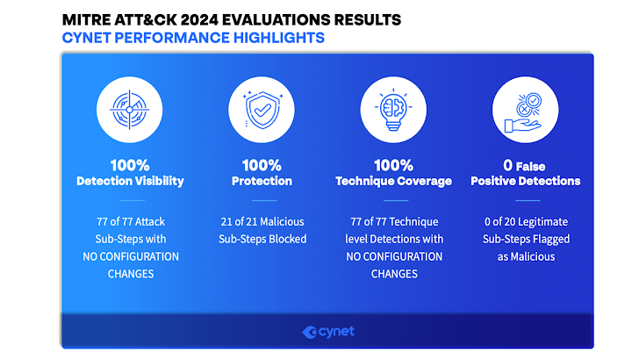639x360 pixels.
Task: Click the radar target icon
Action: [130, 110]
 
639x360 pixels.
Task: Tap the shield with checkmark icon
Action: [262, 110]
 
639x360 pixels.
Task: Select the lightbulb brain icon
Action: [393, 110]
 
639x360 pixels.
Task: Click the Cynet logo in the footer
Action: [328, 332]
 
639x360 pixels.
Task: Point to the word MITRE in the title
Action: [86, 19]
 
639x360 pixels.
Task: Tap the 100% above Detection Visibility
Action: [130, 165]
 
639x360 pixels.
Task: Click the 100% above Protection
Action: [262, 165]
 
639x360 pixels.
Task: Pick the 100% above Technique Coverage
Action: [393, 165]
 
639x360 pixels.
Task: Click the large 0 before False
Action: [507, 165]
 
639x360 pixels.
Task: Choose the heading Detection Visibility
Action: [131, 181]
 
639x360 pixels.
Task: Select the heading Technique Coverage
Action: [393, 181]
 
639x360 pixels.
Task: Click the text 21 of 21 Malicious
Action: [262, 222]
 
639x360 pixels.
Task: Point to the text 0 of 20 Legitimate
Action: [526, 222]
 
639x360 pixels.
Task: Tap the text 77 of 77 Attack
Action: [131, 222]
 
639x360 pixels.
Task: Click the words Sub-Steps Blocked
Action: [262, 239]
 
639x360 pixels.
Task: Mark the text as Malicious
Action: [526, 256]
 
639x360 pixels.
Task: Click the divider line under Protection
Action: [264, 200]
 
